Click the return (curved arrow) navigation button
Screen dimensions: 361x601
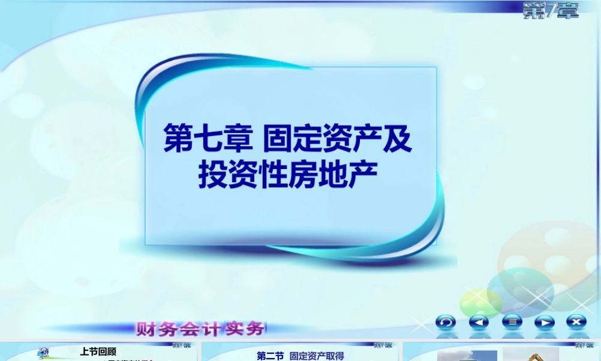(x=445, y=322)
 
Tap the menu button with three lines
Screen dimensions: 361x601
(x=512, y=322)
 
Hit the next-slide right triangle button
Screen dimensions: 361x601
(x=544, y=322)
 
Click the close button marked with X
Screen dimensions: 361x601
(x=576, y=322)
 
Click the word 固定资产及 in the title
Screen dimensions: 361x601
(x=338, y=140)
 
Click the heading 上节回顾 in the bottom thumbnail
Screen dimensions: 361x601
(x=98, y=352)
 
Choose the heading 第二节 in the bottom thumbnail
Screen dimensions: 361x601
(x=270, y=356)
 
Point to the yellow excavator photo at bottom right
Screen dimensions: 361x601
(x=522, y=356)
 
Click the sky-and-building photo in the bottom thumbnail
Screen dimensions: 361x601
(x=467, y=356)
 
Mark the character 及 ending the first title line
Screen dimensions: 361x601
(x=398, y=140)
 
